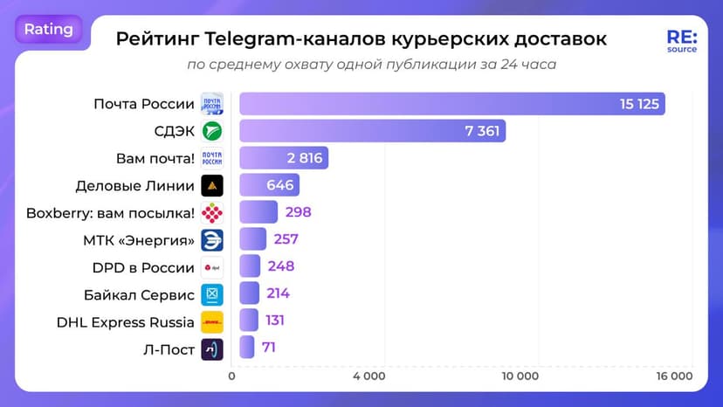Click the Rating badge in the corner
click(49, 29)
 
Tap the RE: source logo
click(681, 41)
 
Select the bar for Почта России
click(452, 104)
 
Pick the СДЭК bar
click(372, 131)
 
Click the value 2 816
click(304, 158)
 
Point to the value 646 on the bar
click(279, 185)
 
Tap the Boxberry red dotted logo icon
click(212, 212)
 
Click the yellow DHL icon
click(212, 322)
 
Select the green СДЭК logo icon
click(212, 131)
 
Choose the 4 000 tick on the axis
click(369, 376)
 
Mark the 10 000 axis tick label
click(521, 376)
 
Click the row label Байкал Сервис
click(139, 294)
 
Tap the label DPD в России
click(143, 267)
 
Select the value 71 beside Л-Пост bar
click(270, 348)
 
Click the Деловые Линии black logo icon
click(212, 185)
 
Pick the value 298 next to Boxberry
click(297, 212)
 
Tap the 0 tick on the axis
click(231, 376)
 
